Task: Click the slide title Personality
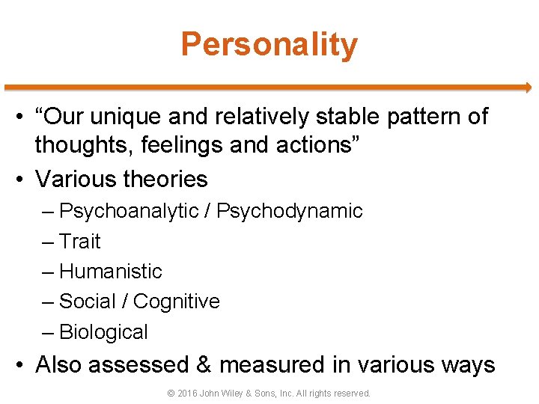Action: (269, 45)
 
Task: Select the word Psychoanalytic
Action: (134, 212)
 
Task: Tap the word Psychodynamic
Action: (290, 212)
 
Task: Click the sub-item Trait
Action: (79, 242)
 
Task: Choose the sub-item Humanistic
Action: (110, 272)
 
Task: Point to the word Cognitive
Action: (177, 302)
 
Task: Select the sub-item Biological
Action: (103, 332)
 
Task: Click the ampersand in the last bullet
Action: (204, 365)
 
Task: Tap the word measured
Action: (272, 365)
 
